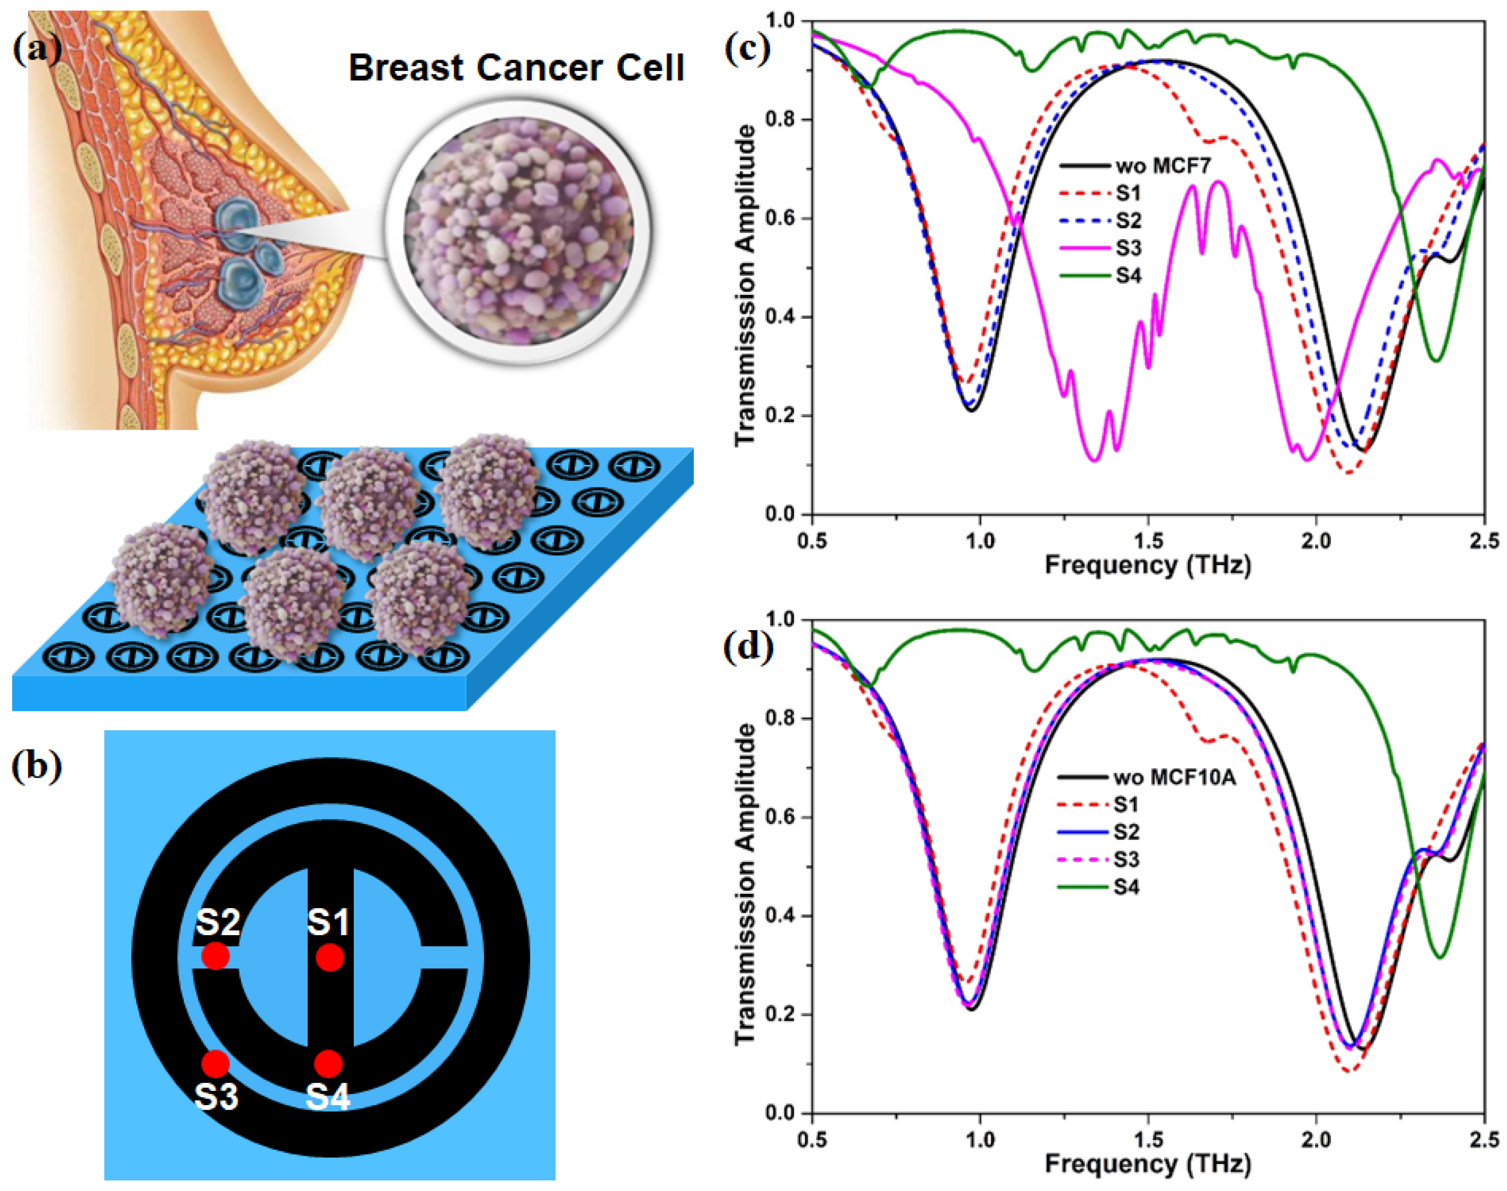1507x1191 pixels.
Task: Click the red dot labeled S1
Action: tap(329, 957)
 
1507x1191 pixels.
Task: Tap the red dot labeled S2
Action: tap(215, 956)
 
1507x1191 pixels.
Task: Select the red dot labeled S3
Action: tap(215, 1063)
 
